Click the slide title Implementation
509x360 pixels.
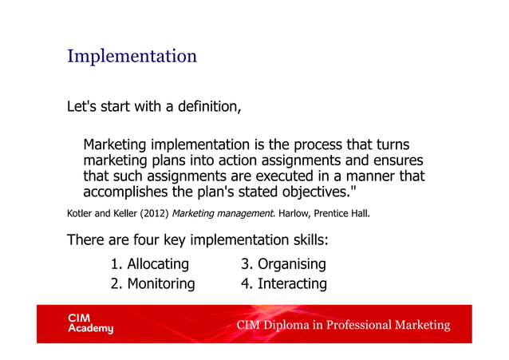point(132,57)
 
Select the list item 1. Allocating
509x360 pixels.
point(150,263)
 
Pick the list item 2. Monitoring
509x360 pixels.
point(152,283)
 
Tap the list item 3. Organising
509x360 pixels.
point(283,263)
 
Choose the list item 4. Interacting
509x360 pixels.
point(284,283)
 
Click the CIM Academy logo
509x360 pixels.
point(90,323)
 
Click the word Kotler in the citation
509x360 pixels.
point(80,214)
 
